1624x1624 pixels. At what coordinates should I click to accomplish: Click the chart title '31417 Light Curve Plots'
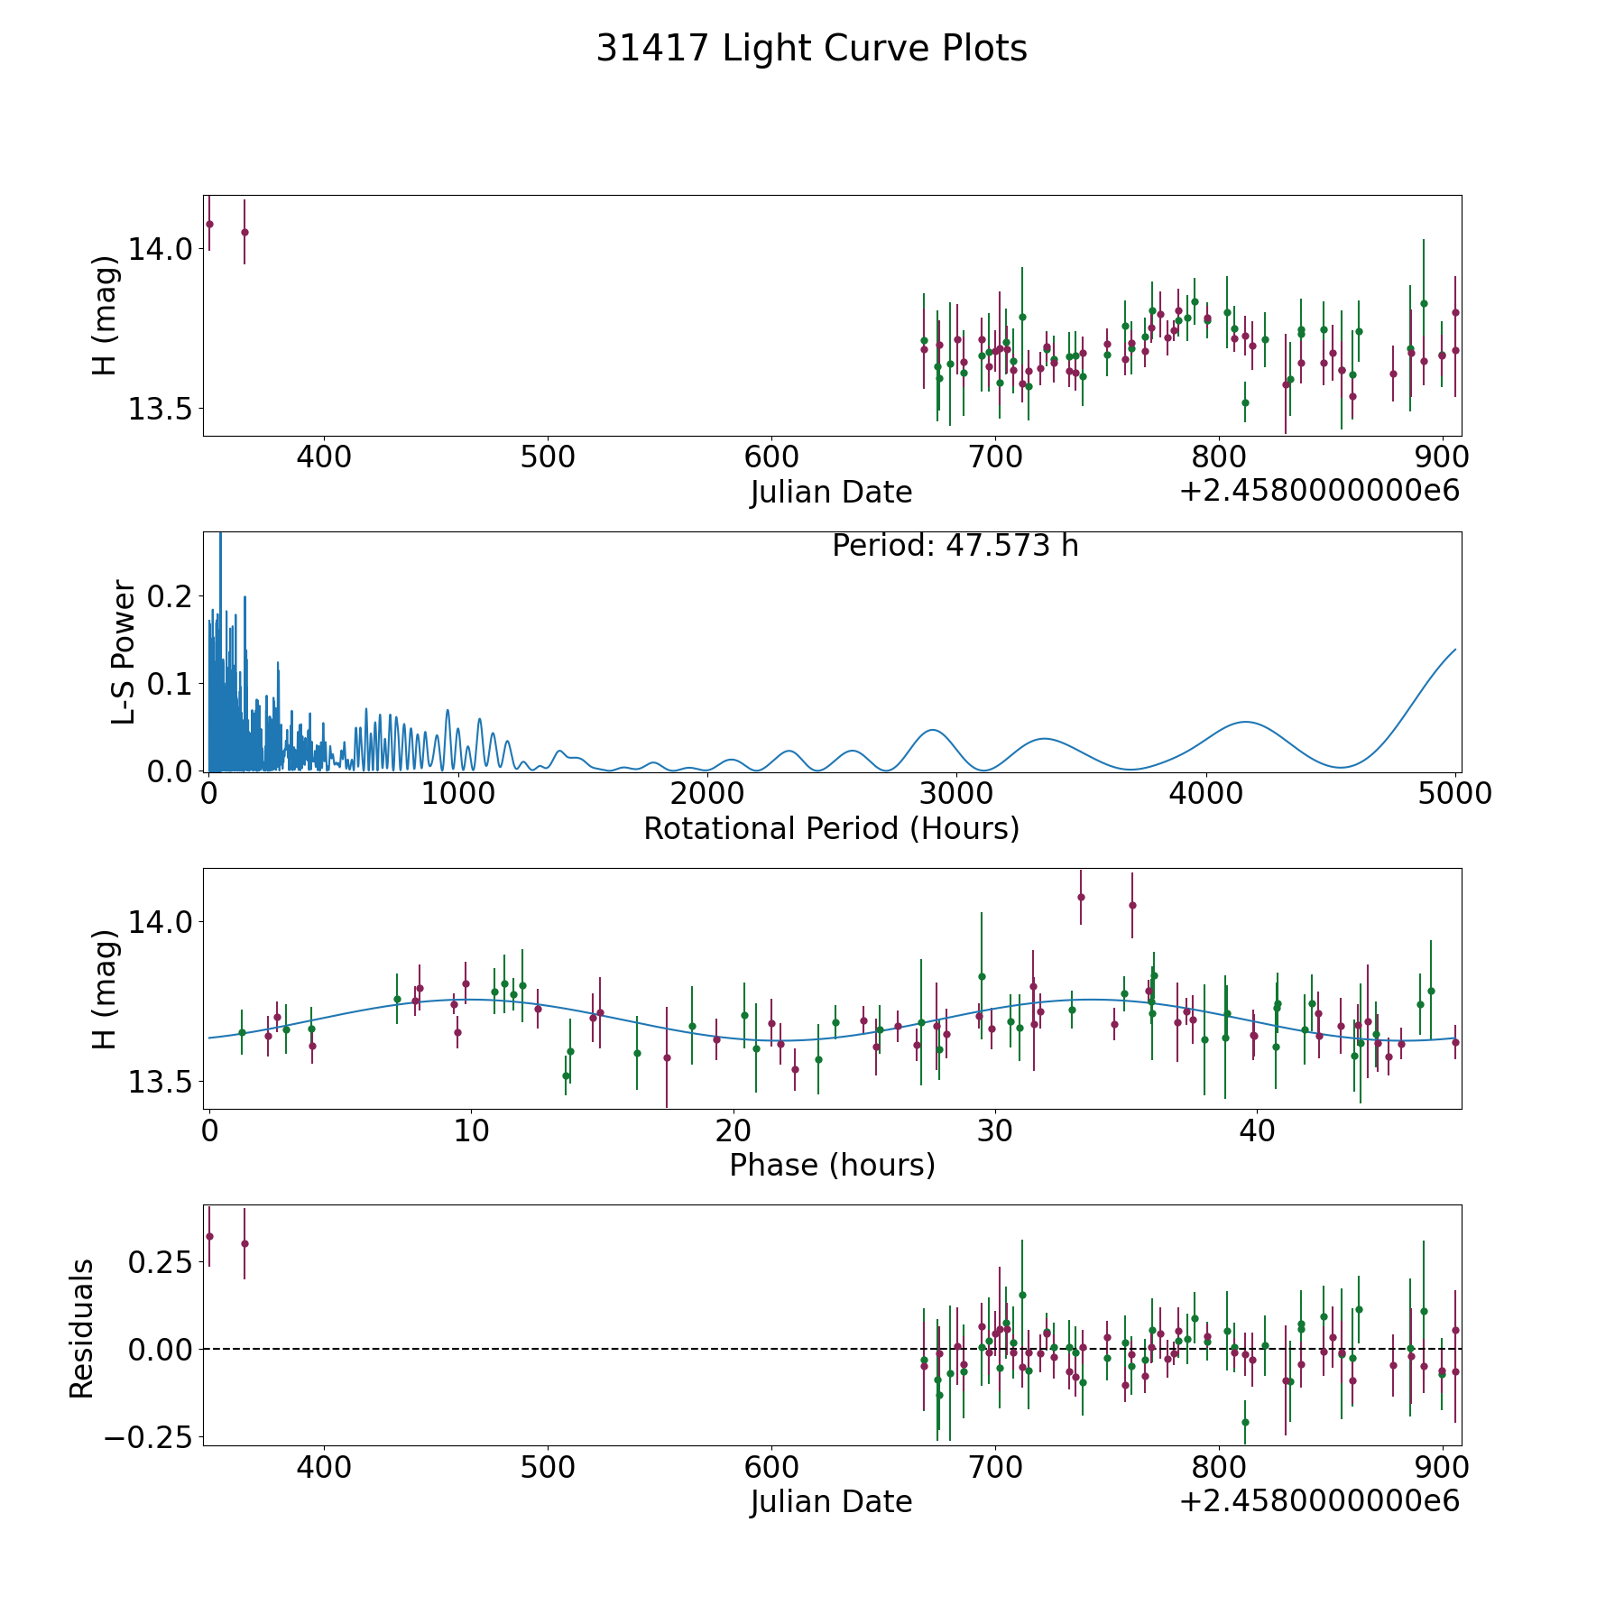tap(811, 49)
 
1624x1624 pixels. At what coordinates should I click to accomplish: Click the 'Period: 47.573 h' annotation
tap(955, 546)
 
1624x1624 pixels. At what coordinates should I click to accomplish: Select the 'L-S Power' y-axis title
tap(125, 651)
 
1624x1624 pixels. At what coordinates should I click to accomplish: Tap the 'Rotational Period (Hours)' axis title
tap(831, 828)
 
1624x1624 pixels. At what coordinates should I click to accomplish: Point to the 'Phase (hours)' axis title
tap(832, 1165)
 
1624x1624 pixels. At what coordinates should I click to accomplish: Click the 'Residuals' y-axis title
tap(82, 1328)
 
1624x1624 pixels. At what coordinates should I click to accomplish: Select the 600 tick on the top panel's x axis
tap(771, 457)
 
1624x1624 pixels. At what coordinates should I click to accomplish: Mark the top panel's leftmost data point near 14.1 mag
tap(209, 224)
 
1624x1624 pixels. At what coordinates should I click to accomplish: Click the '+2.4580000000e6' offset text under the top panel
tap(1319, 491)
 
